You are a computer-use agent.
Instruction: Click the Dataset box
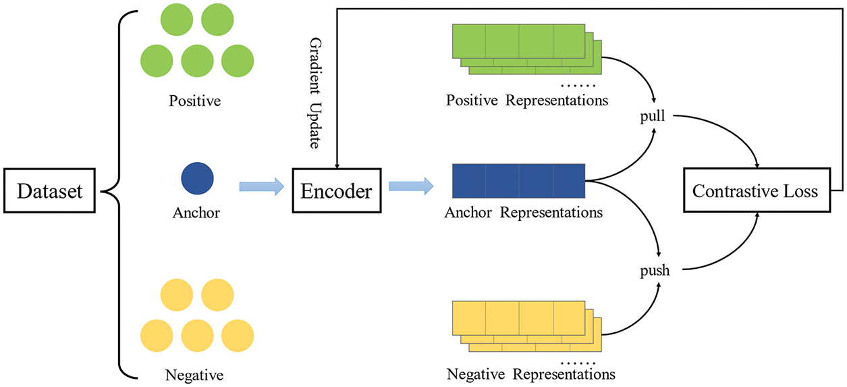[x=50, y=192]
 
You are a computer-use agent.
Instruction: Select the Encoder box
[x=336, y=192]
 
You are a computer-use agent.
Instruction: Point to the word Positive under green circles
[x=196, y=101]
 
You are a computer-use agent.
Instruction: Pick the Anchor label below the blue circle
[x=196, y=213]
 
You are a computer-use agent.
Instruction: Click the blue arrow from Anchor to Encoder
[x=261, y=187]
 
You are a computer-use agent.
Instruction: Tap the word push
[x=655, y=271]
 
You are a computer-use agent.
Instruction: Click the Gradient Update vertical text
[x=315, y=93]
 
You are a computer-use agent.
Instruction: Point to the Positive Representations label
[x=526, y=101]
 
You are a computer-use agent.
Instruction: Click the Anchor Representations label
[x=523, y=213]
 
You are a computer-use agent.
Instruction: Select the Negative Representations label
[x=531, y=373]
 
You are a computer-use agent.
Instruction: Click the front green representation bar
[x=518, y=42]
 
